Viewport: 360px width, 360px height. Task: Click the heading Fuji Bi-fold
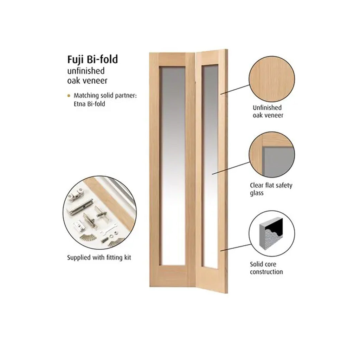92,59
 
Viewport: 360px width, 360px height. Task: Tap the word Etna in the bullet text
79,104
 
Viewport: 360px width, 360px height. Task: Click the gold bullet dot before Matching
69,96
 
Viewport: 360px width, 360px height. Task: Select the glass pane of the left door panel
173,166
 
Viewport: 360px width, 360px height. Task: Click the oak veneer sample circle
272,79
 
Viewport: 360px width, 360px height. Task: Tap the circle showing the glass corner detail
272,155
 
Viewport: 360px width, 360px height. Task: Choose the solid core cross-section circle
272,233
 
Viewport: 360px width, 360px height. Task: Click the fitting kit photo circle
99,213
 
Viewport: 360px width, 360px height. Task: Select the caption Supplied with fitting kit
99,258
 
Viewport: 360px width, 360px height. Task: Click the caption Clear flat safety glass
271,189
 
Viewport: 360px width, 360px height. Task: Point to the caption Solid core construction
266,268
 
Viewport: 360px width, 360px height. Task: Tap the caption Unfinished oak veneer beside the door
268,111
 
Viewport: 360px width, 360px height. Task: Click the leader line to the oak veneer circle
234,90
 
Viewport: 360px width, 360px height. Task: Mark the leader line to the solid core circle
236,247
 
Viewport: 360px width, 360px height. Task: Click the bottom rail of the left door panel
172,276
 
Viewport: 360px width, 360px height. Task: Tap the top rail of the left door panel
173,60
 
